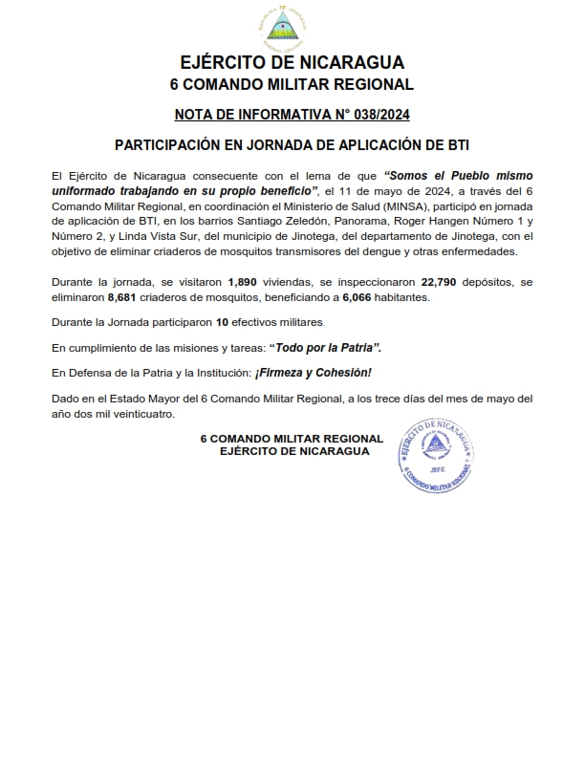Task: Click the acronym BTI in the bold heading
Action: tap(455, 147)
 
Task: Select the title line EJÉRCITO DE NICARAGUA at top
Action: tap(291, 64)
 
